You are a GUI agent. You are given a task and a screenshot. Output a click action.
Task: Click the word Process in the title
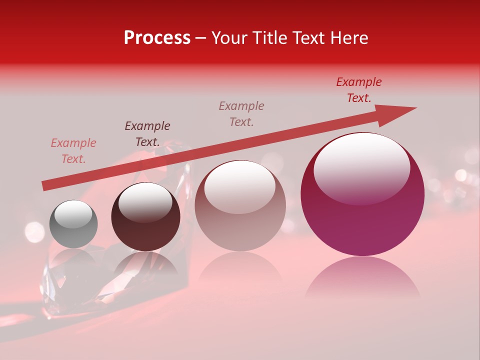coord(157,38)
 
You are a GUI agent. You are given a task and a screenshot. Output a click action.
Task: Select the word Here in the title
coord(349,38)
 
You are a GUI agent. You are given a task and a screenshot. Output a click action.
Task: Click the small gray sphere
coord(73,224)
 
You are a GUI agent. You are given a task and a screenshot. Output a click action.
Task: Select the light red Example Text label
coord(73,151)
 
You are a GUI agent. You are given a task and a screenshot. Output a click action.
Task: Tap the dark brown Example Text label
coord(147,134)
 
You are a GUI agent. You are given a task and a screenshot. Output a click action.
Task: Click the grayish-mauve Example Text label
coord(241,114)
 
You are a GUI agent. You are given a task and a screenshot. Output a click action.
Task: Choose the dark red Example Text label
coord(359,90)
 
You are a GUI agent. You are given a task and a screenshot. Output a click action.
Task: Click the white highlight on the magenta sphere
coord(361,167)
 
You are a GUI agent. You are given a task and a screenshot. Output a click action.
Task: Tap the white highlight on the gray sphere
coord(73,214)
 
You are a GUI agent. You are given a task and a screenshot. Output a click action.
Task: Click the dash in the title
coord(201,38)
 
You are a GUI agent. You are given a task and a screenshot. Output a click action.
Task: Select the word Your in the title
coord(229,38)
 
